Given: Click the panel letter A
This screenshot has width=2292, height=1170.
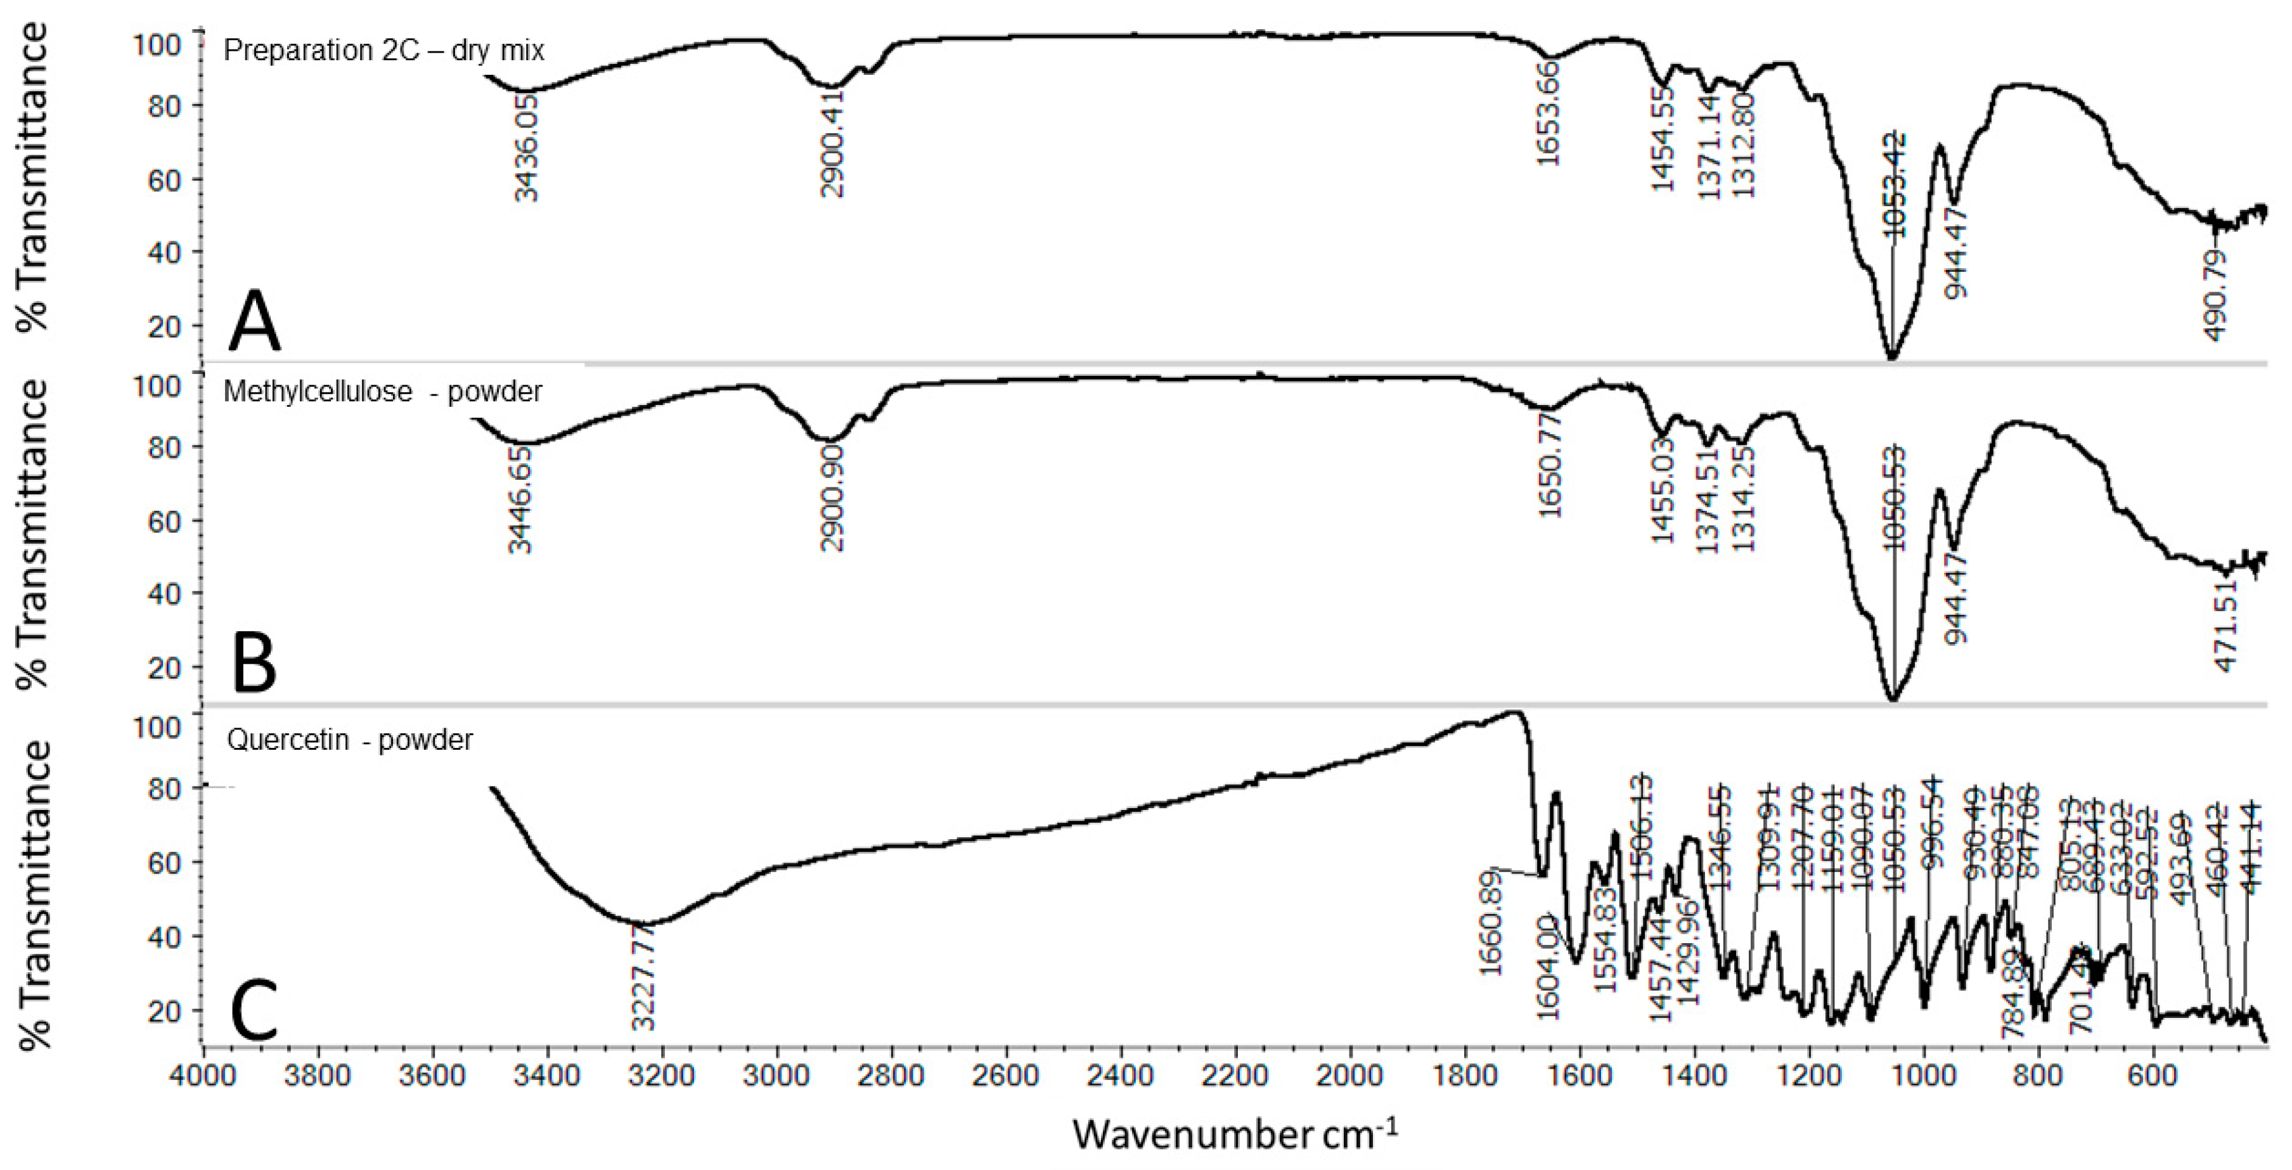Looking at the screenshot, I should point(254,320).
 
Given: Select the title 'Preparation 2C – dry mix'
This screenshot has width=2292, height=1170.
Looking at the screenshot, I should point(383,50).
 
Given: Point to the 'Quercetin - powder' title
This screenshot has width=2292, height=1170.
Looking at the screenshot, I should point(350,740).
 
